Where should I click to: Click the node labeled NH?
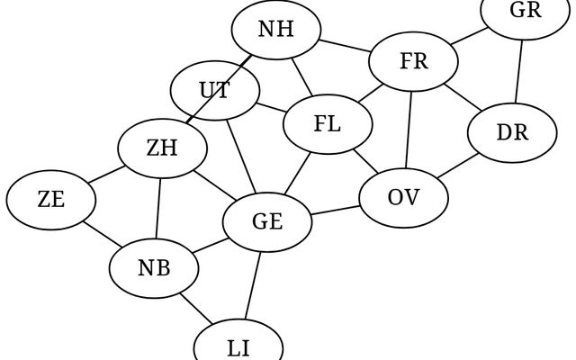click(276, 29)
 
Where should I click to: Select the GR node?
click(525, 11)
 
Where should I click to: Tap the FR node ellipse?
click(414, 62)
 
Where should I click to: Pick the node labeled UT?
click(215, 91)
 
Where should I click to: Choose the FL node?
click(328, 124)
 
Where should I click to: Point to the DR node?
click(512, 133)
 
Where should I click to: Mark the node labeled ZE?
click(51, 200)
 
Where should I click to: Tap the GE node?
click(267, 221)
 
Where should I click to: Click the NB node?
click(155, 267)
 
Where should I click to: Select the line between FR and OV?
click(409, 130)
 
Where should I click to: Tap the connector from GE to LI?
click(254, 283)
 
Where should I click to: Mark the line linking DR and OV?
click(459, 166)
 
